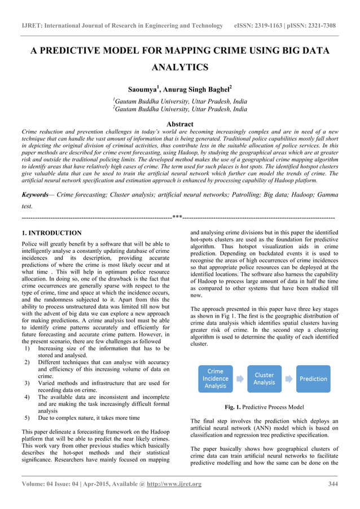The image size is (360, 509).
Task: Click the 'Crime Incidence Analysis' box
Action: tap(216, 379)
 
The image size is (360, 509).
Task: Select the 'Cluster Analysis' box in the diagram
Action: tap(264, 379)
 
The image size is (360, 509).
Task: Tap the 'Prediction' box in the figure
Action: tap(313, 379)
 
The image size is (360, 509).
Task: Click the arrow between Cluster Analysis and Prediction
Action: tap(288, 379)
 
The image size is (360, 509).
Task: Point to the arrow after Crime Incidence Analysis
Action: tap(240, 379)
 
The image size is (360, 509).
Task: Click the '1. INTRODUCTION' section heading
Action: tap(51, 233)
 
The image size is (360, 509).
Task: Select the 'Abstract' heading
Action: tap(180, 124)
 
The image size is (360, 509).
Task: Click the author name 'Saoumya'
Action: tap(143, 90)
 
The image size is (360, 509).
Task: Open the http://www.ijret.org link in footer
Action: tap(174, 484)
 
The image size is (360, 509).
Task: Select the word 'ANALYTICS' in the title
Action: tap(180, 68)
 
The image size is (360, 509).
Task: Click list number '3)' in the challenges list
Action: tap(27, 383)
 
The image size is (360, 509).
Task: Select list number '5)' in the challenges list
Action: tap(27, 418)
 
